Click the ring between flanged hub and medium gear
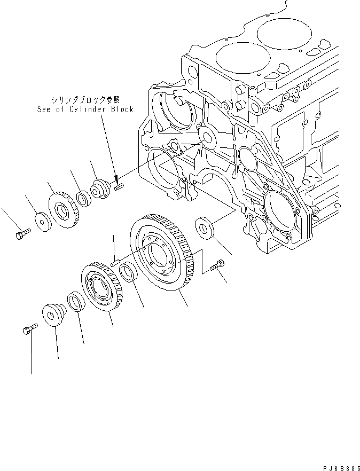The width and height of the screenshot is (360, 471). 75,300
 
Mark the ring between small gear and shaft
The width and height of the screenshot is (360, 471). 82,199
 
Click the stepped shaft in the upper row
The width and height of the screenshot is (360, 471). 100,188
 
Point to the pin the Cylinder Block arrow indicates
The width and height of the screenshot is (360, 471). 119,186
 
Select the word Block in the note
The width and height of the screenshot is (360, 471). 121,109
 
